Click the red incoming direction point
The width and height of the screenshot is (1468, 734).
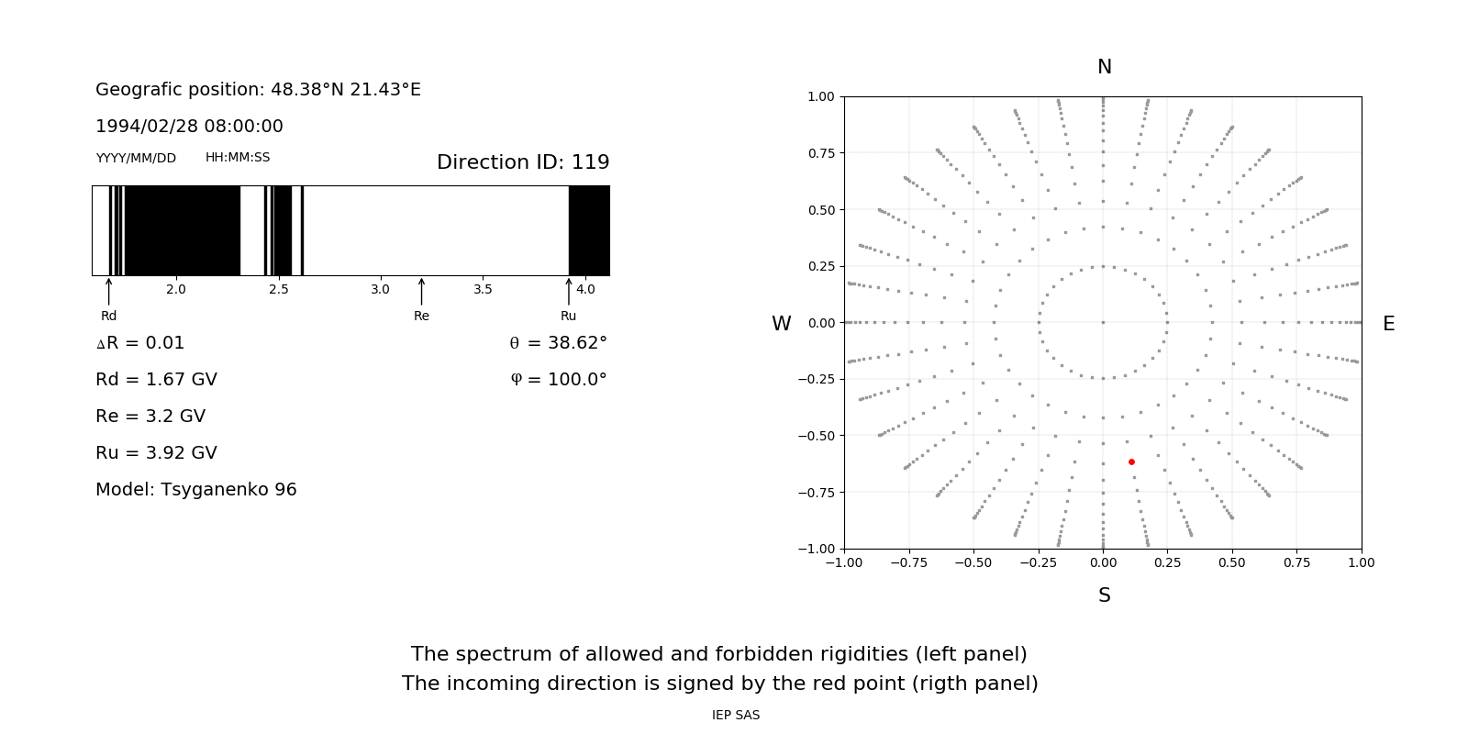tap(1131, 462)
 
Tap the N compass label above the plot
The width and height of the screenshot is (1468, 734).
tap(1105, 67)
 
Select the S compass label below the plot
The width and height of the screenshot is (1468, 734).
tap(1105, 595)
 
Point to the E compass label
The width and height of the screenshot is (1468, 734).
tap(1388, 324)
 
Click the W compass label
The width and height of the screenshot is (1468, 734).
tap(781, 324)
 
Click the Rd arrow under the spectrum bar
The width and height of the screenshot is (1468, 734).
tap(109, 291)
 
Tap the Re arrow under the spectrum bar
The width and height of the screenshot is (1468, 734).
tap(421, 291)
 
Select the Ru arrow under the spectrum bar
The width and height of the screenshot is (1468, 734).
tap(569, 291)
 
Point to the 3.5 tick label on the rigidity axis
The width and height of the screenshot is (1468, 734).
tap(483, 289)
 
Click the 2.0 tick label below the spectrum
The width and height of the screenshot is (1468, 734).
tap(175, 289)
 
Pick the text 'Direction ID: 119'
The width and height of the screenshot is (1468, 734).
tap(523, 162)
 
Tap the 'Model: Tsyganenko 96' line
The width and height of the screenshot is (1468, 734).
tap(196, 490)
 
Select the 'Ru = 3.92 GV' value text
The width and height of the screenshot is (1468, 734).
tap(156, 453)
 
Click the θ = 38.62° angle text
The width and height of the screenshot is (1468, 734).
tap(558, 343)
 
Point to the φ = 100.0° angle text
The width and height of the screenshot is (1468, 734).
tap(558, 380)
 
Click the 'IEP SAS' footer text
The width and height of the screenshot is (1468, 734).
tap(736, 715)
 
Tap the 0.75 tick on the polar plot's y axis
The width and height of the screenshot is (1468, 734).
tap(820, 153)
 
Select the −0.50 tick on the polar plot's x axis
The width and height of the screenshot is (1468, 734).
tap(973, 562)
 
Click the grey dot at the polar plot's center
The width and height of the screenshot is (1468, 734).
tap(1103, 322)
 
